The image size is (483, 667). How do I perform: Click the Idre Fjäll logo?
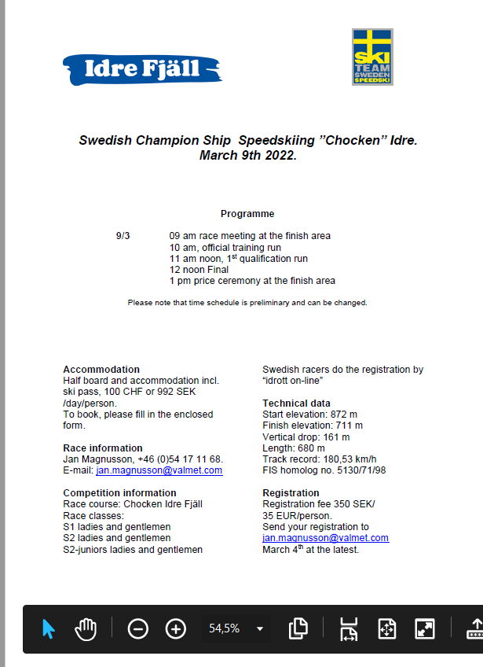click(x=141, y=69)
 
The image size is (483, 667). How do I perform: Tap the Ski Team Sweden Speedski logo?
click(x=372, y=57)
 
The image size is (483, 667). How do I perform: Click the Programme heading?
click(x=247, y=214)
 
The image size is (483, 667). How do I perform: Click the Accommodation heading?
click(x=101, y=370)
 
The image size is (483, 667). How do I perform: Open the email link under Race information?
click(x=159, y=470)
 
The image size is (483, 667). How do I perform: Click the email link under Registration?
click(x=325, y=538)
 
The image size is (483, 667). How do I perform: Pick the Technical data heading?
click(x=296, y=404)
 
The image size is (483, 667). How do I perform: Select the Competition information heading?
click(x=119, y=493)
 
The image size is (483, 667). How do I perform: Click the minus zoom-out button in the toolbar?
click(x=137, y=628)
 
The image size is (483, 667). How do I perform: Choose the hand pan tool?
click(x=86, y=628)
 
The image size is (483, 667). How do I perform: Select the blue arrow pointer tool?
click(x=49, y=628)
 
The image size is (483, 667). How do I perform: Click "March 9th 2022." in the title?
click(x=247, y=156)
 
